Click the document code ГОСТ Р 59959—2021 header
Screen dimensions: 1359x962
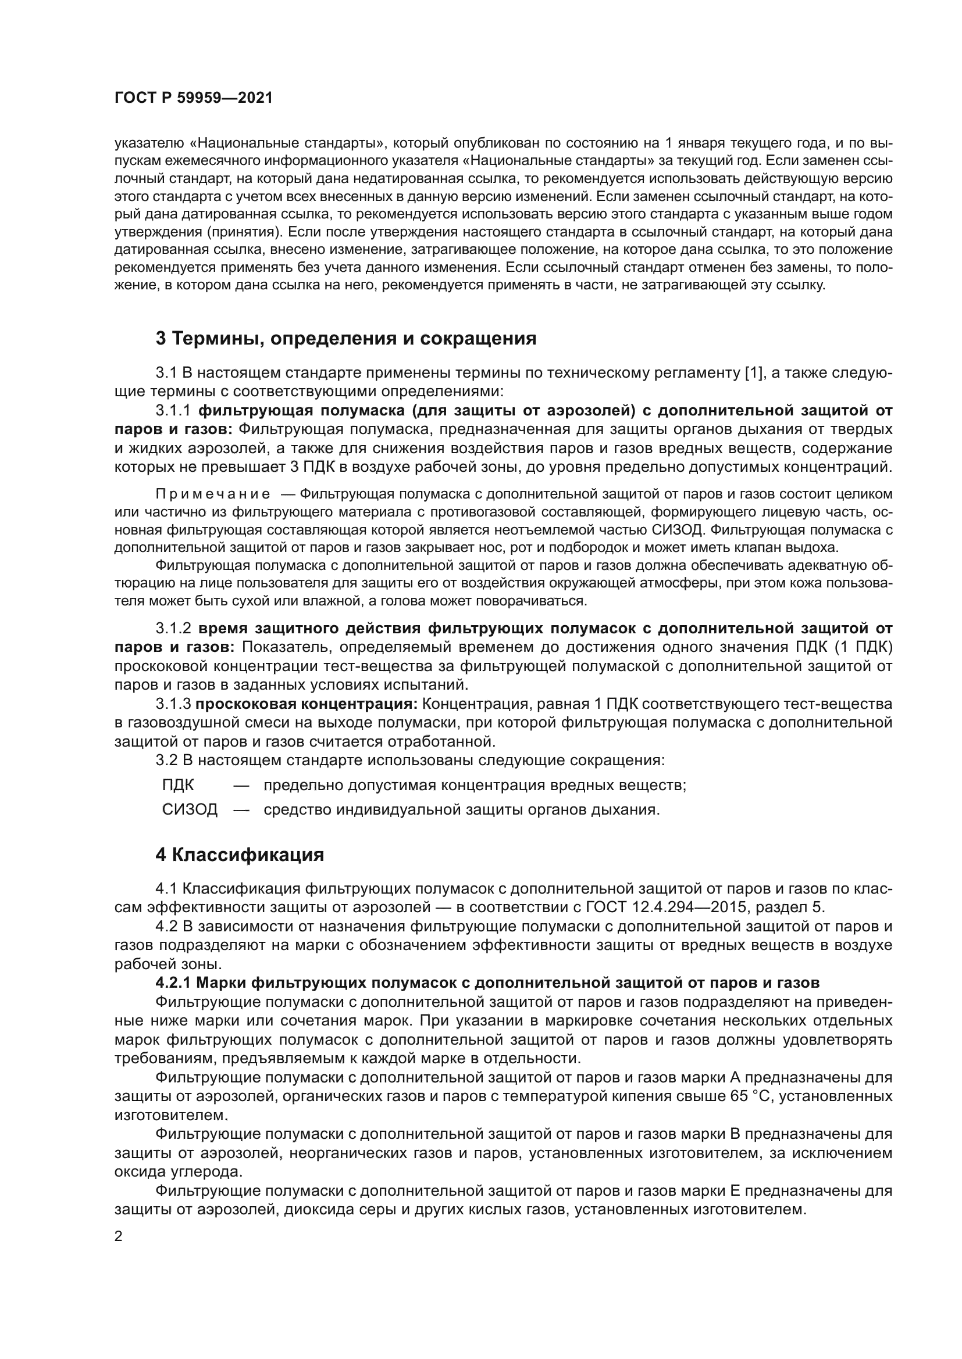point(193,98)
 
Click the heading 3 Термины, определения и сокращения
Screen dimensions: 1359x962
point(346,339)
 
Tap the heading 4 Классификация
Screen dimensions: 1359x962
point(240,855)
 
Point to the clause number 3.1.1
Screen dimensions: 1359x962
point(174,410)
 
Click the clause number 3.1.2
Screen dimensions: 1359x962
point(174,628)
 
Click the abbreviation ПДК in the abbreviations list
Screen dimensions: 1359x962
point(179,786)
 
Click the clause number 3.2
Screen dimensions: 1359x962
point(166,759)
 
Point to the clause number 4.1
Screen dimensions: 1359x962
point(166,888)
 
